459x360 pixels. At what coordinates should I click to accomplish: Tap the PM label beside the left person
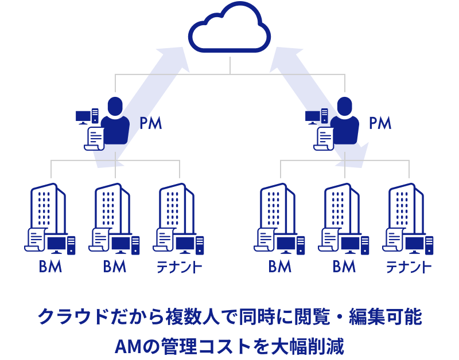point(151,123)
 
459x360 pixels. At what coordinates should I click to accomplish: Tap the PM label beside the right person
point(380,123)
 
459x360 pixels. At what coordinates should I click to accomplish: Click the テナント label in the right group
point(409,267)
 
